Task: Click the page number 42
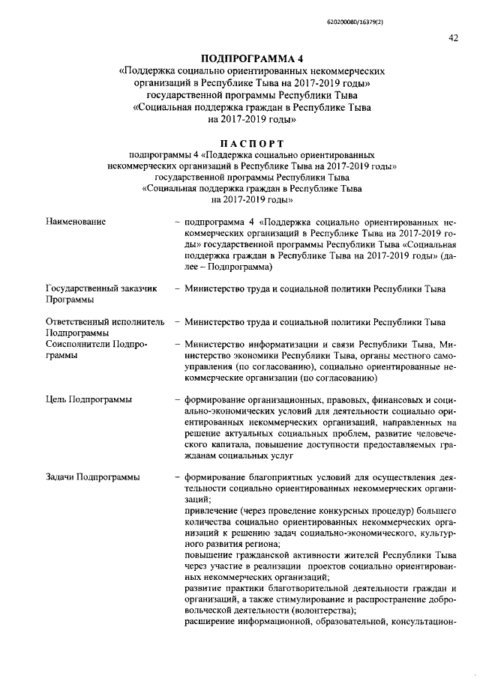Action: pos(453,38)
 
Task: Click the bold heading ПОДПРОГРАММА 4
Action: pos(252,58)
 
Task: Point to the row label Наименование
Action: pos(76,222)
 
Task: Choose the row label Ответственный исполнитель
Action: pos(104,321)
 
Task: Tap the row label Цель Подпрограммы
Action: pos(89,399)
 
